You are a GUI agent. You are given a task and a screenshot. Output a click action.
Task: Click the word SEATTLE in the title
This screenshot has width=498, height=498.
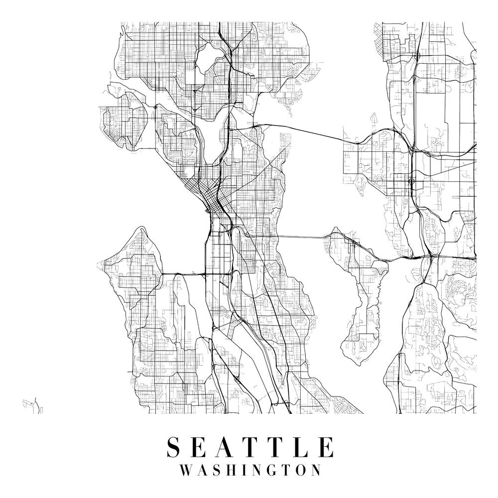250,447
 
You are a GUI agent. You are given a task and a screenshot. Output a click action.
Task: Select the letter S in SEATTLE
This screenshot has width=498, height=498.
174,447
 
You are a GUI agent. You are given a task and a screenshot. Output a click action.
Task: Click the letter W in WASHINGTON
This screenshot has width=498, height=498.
185,470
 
